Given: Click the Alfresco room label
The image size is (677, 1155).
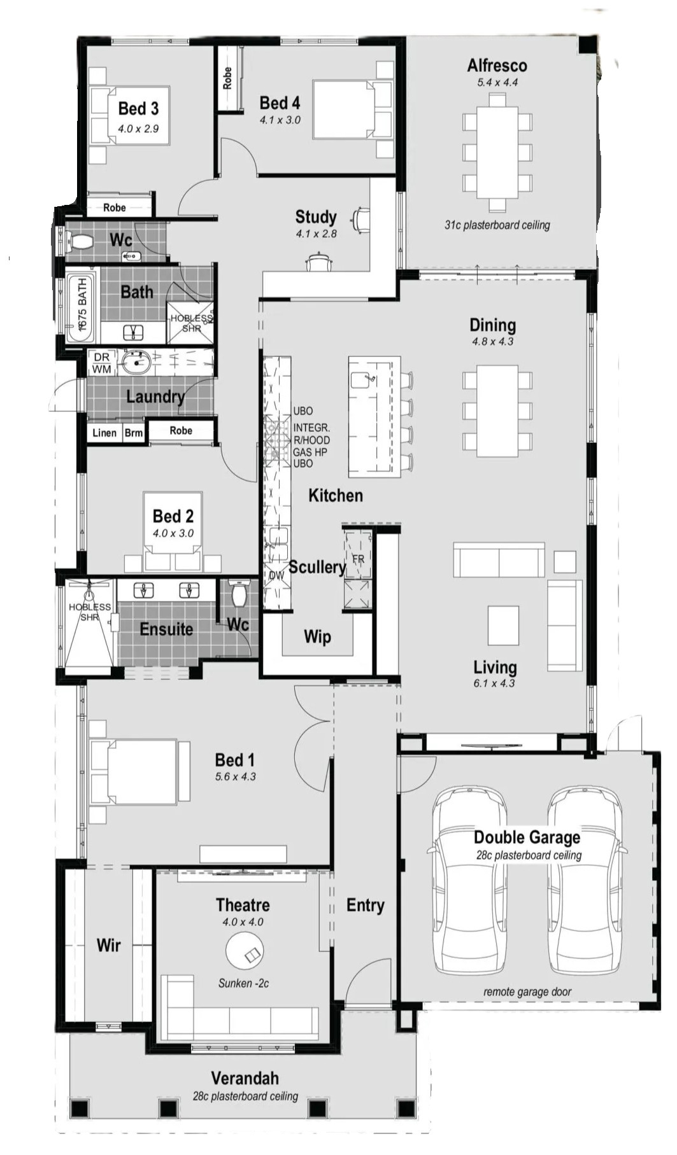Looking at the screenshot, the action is [497, 66].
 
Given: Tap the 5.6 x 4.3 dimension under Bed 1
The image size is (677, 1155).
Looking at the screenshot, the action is [235, 776].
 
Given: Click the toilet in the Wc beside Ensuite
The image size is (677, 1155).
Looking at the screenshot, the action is [239, 594].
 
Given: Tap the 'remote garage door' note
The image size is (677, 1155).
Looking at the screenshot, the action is [527, 991].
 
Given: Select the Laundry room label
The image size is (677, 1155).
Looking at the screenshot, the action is [155, 396].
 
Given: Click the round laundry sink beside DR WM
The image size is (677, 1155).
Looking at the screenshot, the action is [136, 363].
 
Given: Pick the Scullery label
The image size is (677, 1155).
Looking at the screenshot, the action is [317, 567].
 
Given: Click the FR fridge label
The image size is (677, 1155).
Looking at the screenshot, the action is [359, 559].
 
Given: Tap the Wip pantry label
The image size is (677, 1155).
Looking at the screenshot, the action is [317, 636].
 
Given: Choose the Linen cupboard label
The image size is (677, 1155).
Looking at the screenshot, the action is [104, 433].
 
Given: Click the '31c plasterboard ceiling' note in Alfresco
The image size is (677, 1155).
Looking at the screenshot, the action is [497, 225].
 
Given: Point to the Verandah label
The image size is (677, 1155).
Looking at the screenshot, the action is [245, 1078].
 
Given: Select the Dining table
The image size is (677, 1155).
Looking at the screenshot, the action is [497, 410].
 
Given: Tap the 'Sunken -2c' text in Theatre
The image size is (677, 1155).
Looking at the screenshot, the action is [243, 983].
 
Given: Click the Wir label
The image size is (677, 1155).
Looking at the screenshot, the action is [108, 945].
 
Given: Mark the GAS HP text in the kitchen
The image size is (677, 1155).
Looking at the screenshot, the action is [310, 452].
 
